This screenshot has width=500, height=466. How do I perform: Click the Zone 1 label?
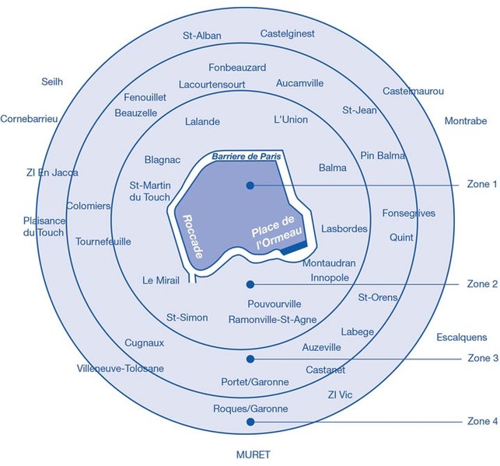pyautogui.click(x=482, y=184)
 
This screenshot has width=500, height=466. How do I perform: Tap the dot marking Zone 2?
pyautogui.click(x=250, y=284)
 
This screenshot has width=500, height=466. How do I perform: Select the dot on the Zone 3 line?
pyautogui.click(x=250, y=359)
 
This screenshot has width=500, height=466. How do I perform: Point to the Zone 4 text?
pyautogui.click(x=482, y=421)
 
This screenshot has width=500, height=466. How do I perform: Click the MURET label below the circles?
pyautogui.click(x=253, y=454)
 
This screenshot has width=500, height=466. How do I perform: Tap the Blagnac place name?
pyautogui.click(x=163, y=159)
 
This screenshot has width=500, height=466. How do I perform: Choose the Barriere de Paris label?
pyautogui.click(x=247, y=156)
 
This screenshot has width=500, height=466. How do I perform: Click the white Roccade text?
pyautogui.click(x=193, y=237)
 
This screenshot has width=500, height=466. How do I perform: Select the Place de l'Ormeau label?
pyautogui.click(x=276, y=231)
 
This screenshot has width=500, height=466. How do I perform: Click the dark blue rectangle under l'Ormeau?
pyautogui.click(x=294, y=248)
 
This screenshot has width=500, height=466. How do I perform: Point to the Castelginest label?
pyautogui.click(x=287, y=33)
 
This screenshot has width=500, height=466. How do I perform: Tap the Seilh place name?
pyautogui.click(x=52, y=82)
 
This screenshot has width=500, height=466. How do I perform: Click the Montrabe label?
pyautogui.click(x=466, y=120)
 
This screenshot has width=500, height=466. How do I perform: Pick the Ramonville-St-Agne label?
pyautogui.click(x=273, y=319)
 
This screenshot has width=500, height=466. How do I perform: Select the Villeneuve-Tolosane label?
pyautogui.click(x=121, y=369)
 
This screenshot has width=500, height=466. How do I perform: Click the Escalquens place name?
pyautogui.click(x=462, y=337)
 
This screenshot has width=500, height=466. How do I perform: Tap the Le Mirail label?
pyautogui.click(x=161, y=280)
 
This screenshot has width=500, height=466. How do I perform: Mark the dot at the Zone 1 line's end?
pyautogui.click(x=250, y=185)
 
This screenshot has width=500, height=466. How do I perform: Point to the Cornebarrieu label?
pyautogui.click(x=29, y=119)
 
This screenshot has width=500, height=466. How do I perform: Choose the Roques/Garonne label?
pyautogui.click(x=250, y=409)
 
